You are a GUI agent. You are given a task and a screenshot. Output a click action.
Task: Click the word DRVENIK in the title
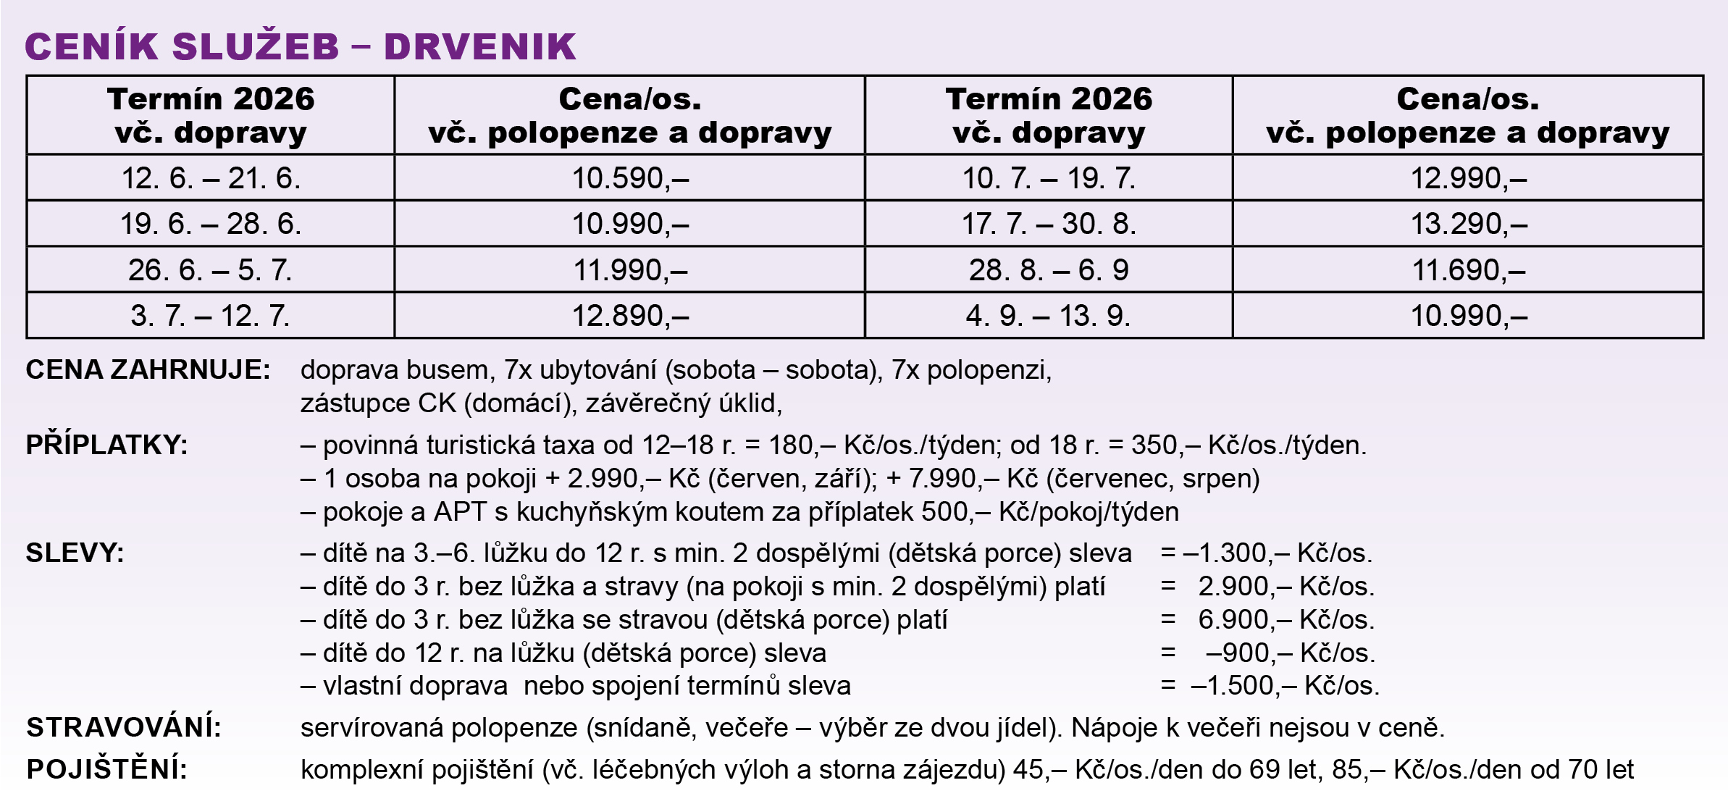(x=479, y=46)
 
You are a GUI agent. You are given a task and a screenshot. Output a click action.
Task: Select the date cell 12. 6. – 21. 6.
(x=211, y=178)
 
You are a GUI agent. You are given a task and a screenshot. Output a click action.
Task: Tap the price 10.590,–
(x=629, y=178)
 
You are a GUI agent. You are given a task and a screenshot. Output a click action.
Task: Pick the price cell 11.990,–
(x=629, y=270)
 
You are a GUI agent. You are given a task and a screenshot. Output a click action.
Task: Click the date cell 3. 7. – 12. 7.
(x=211, y=316)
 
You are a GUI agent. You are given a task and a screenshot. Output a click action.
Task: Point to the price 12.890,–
(x=629, y=316)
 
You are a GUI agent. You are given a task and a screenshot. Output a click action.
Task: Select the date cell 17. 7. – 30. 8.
(x=1049, y=224)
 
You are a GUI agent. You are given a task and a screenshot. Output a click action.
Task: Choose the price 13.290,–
(x=1468, y=224)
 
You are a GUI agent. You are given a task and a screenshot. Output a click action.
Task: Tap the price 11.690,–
(x=1468, y=270)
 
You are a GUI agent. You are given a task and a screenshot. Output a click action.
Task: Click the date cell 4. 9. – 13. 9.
(x=1049, y=316)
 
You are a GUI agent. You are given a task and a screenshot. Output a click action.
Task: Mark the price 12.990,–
(x=1468, y=178)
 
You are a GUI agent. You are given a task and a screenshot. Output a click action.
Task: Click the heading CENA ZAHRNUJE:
(x=148, y=370)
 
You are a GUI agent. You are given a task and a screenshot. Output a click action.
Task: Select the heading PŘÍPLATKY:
(x=107, y=445)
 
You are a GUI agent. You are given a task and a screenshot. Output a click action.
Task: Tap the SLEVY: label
(x=75, y=553)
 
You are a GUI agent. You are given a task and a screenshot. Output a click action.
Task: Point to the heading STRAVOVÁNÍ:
(x=124, y=727)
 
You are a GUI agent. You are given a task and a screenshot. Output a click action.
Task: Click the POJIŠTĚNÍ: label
(x=107, y=769)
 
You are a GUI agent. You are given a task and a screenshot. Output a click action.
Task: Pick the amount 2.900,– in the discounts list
(x=1244, y=586)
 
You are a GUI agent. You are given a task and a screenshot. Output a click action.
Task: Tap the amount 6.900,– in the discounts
(x=1244, y=619)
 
